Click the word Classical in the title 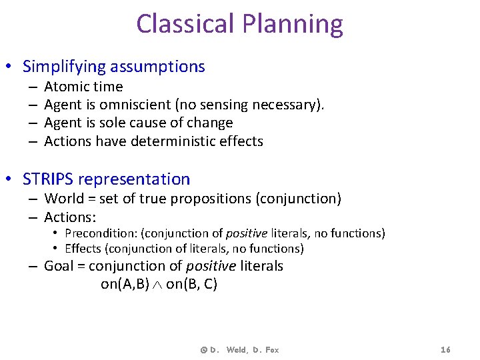tap(184, 24)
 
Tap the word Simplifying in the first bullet tap(63, 67)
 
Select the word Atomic tap(65, 87)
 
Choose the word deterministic tap(177, 141)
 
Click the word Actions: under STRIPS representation tap(70, 217)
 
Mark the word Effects tap(82, 249)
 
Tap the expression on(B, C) tap(192, 284)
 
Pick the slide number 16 tap(446, 349)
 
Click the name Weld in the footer tap(236, 349)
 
